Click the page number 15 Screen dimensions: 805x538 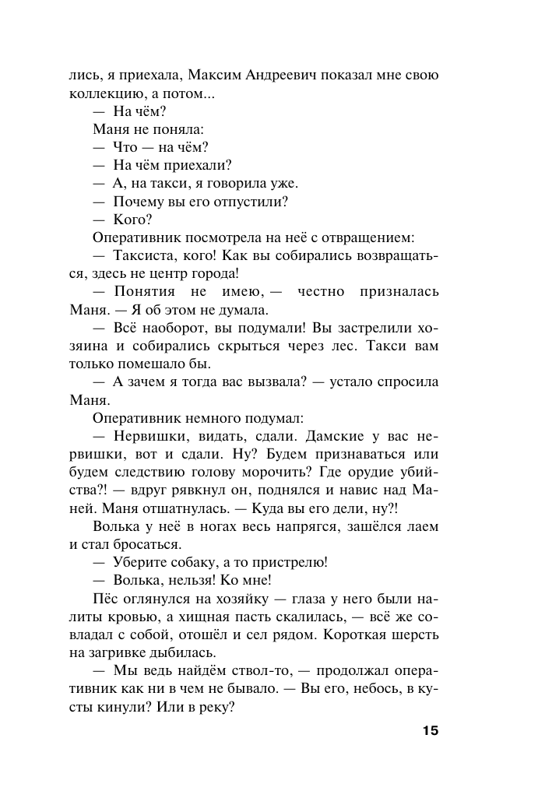click(431, 731)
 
